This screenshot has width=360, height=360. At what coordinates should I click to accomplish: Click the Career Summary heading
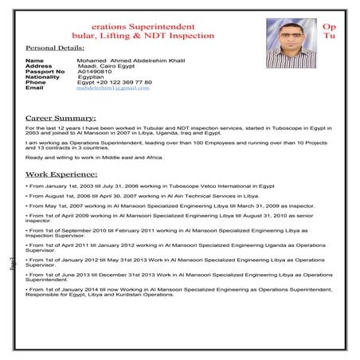[x=61, y=117]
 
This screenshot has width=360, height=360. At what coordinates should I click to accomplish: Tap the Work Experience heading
[x=61, y=173]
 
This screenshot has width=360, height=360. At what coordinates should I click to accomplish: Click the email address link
[x=113, y=88]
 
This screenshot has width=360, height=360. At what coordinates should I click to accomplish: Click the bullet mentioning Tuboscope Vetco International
[x=150, y=185]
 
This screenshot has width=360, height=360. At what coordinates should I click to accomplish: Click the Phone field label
[x=36, y=82]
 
